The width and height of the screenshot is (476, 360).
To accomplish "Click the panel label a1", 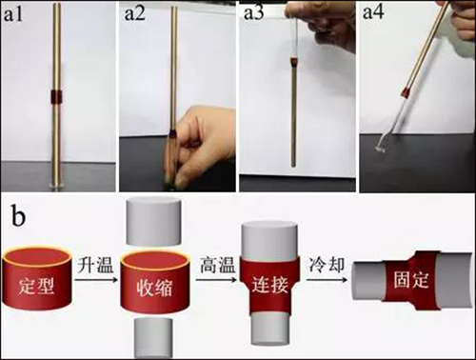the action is [12, 14].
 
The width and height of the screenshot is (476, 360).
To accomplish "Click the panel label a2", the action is [135, 13].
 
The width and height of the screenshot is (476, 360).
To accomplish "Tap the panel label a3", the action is [253, 13].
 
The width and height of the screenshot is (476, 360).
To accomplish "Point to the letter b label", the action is [18, 215].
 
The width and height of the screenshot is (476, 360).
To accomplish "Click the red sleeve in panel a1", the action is [57, 97].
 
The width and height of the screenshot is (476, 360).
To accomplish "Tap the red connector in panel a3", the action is [294, 62].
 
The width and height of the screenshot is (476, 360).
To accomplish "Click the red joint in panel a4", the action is [406, 92].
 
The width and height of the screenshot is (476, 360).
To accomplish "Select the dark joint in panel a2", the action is [172, 132].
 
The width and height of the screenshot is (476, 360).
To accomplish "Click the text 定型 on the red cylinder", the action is [36, 287].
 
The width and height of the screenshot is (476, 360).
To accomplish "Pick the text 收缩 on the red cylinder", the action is [154, 288].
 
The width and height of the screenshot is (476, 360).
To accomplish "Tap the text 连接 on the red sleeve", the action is [270, 284].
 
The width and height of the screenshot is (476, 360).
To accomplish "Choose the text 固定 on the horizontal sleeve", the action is [411, 279].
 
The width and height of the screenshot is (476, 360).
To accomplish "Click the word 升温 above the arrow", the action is [95, 265].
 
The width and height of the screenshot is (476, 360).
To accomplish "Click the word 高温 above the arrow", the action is [217, 265].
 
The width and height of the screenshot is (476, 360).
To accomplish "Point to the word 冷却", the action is [327, 265].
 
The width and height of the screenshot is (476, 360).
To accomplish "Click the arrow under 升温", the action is [94, 280].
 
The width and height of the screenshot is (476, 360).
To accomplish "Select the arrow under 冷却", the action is [327, 280].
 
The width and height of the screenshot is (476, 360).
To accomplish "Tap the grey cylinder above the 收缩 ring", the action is [153, 221].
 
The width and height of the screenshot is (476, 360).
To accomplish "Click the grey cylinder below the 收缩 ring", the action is [154, 338].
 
